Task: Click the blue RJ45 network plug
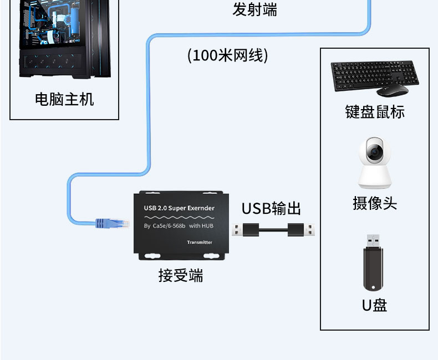pyautogui.click(x=110, y=223)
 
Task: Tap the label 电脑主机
pyautogui.click(x=64, y=100)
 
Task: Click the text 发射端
pyautogui.click(x=254, y=9)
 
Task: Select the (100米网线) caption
pyautogui.click(x=228, y=55)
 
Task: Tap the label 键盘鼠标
pyautogui.click(x=375, y=112)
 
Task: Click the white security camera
pyautogui.click(x=374, y=163)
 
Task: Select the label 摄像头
pyautogui.click(x=375, y=203)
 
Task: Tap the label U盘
pyautogui.click(x=374, y=305)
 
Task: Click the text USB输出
pyautogui.click(x=271, y=209)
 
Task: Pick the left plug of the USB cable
pyautogui.click(x=246, y=229)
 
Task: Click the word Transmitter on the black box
pyautogui.click(x=200, y=243)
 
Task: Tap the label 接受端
pyautogui.click(x=181, y=275)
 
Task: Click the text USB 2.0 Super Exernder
pyautogui.click(x=179, y=208)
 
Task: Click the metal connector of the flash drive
pyautogui.click(x=373, y=240)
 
